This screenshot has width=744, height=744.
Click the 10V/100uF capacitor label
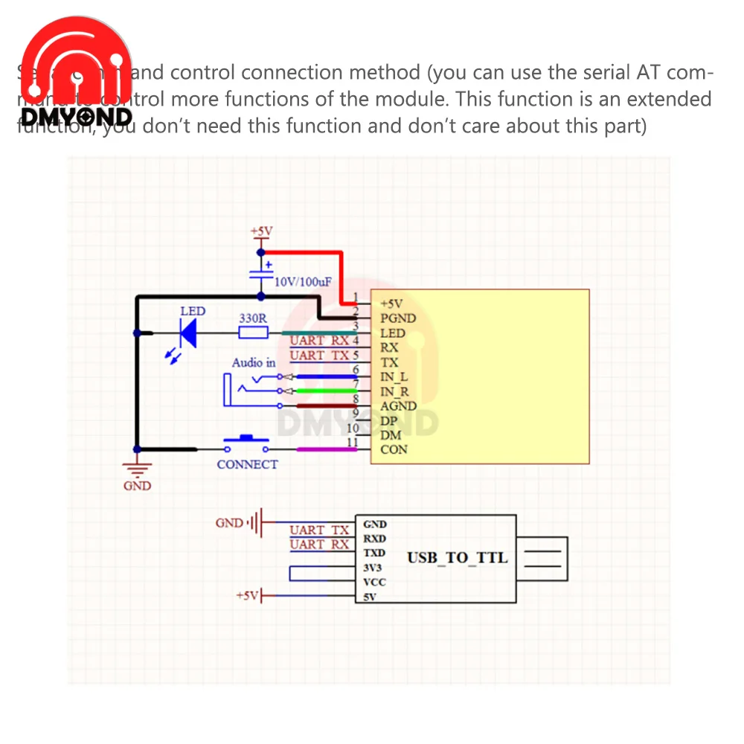point(303,283)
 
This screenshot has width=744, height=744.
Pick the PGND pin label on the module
point(398,318)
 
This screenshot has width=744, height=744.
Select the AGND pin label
point(398,406)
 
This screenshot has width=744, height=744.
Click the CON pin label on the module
point(394,449)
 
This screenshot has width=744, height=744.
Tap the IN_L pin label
point(394,377)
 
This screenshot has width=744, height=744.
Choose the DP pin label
point(389,420)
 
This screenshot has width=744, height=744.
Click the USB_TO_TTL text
point(457,557)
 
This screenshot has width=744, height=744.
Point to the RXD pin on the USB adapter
point(374,539)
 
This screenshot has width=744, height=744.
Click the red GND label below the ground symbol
point(137,486)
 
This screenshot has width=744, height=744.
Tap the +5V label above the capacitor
point(261,232)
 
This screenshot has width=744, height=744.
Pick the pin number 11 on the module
point(353,443)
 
